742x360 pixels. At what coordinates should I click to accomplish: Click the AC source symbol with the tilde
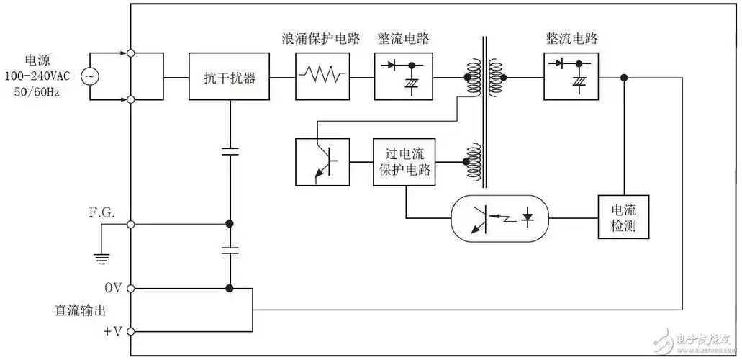pos(91,76)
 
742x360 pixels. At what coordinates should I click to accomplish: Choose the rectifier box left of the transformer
pos(403,76)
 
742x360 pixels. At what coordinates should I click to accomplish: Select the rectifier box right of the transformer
pos(571,76)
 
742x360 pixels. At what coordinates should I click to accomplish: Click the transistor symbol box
pos(322,162)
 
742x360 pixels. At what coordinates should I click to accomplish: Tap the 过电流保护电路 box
pos(404,162)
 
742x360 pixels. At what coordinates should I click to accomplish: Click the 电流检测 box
pos(623,218)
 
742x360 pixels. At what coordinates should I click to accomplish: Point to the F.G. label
pos(102,212)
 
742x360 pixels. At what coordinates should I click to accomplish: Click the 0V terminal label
pos(114,289)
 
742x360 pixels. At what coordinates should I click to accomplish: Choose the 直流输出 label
pos(80,310)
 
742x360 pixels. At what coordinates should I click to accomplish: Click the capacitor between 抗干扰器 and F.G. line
pos(230,152)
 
